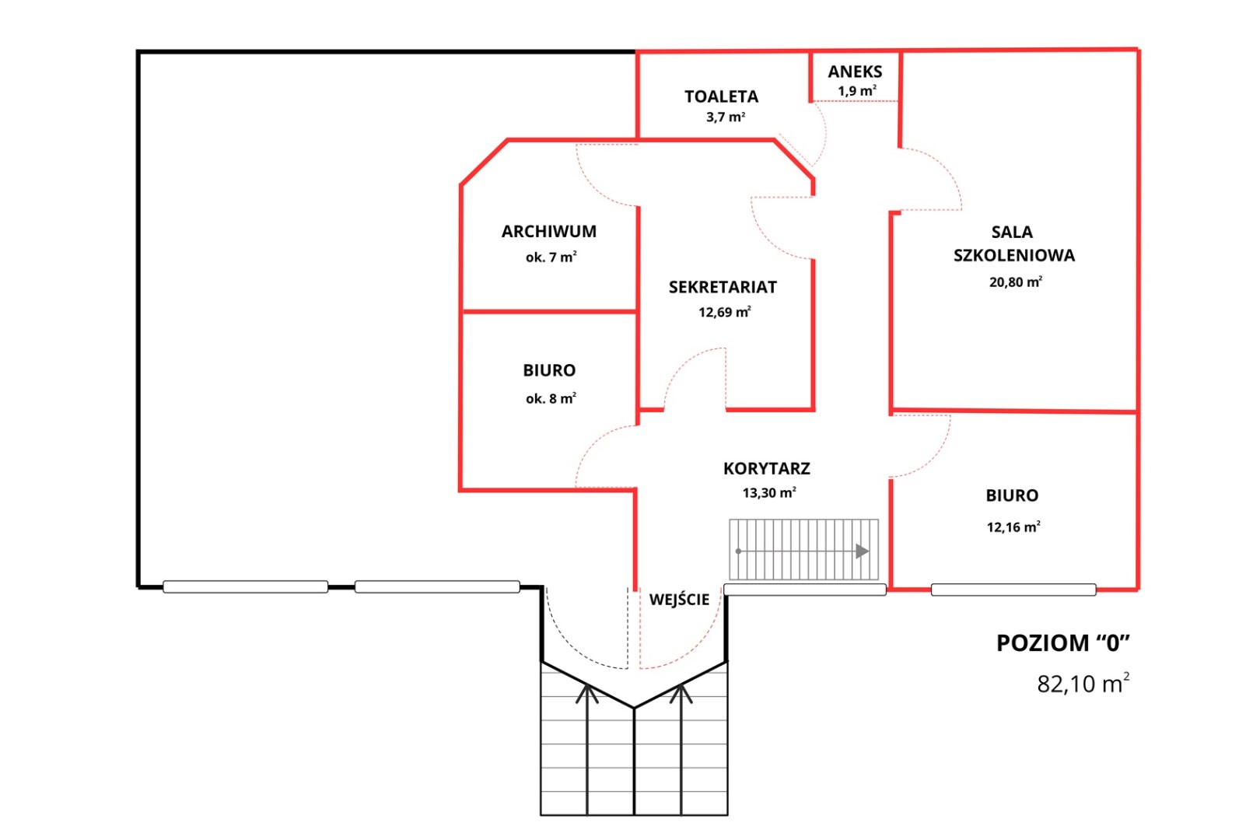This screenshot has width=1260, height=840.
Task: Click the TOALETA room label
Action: point(722,96)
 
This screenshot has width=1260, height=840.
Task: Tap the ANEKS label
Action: point(855,72)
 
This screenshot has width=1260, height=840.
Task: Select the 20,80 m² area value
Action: point(1016,282)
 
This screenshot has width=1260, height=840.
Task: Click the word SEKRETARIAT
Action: point(723,288)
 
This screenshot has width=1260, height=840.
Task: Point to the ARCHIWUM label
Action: point(549,231)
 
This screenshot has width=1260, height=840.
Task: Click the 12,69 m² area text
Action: point(725,312)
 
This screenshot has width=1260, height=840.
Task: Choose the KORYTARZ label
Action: point(767,469)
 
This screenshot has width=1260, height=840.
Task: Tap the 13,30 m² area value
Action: point(769,493)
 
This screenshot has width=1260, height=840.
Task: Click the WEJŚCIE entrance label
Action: point(680,599)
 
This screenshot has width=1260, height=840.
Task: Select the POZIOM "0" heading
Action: point(1063,643)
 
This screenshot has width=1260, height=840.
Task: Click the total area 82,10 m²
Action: point(1083,683)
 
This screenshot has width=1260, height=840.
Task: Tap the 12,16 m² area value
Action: point(1013,527)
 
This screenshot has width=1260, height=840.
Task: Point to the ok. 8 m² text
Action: point(551,398)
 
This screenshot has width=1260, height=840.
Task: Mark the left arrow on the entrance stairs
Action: point(587,749)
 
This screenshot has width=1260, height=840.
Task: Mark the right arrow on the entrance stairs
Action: point(681,749)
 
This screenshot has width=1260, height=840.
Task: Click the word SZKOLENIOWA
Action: point(1014,255)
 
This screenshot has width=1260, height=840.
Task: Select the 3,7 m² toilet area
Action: point(726,117)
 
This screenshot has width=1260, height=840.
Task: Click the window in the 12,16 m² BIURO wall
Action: point(1013,590)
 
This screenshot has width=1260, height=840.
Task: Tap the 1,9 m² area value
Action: point(857,90)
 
